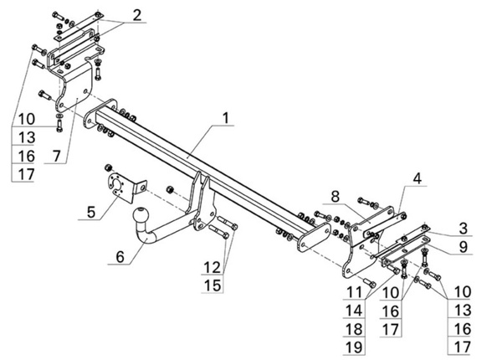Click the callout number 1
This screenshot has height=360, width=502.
226,118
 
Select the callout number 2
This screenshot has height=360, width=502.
137,15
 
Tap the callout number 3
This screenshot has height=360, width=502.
463,229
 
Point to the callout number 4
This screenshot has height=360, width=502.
417,178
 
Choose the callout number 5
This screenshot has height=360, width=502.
91,212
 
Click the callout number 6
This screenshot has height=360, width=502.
120,257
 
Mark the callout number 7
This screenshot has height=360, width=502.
56,156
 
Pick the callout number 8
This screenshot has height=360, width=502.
335,197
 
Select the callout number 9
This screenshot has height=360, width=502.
463,247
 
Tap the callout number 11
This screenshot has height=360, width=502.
354,292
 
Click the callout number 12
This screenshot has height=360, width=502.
213,267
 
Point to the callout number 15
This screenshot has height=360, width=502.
213,285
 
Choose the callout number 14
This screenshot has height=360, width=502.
354,311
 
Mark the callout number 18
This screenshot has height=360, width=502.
354,329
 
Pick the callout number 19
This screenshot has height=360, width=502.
354,347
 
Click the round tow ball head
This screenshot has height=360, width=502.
141,214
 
